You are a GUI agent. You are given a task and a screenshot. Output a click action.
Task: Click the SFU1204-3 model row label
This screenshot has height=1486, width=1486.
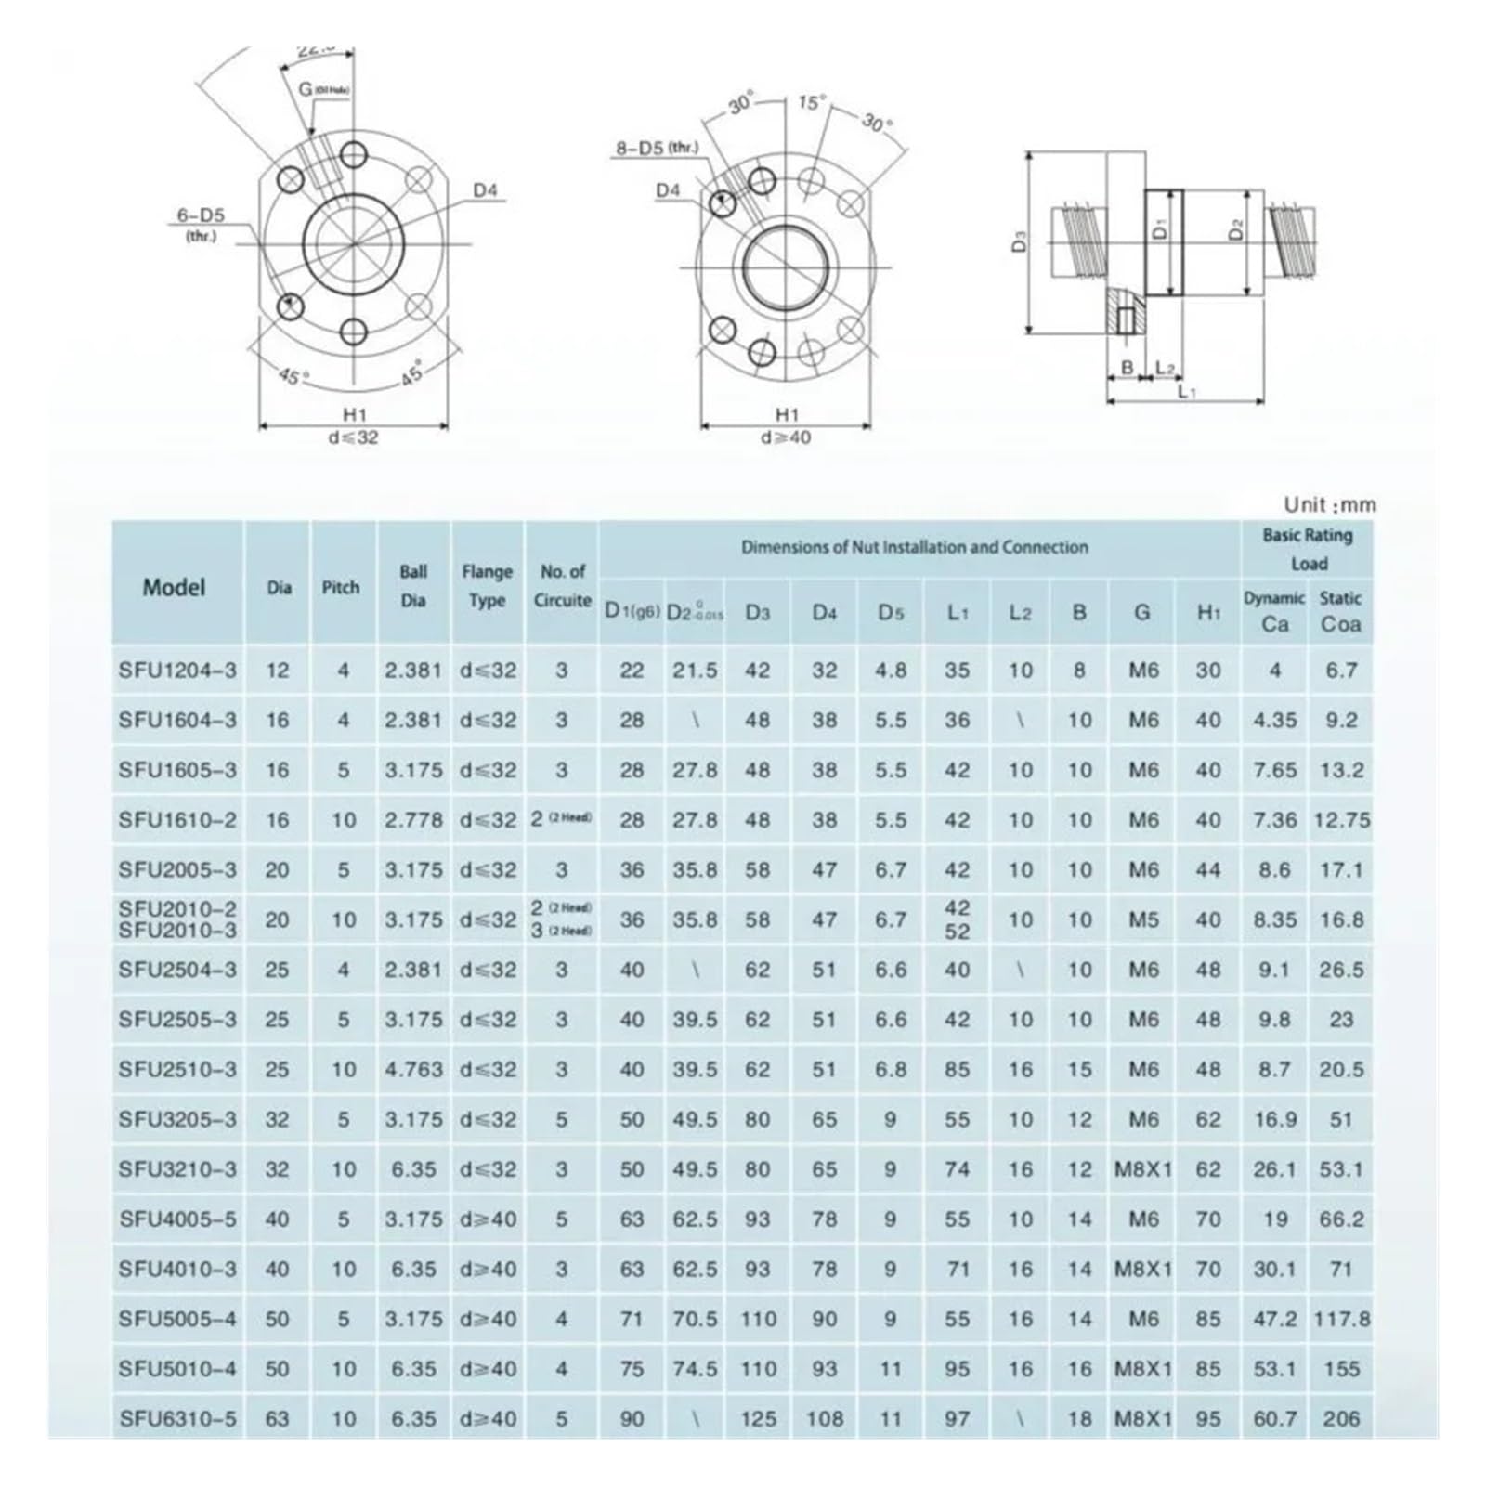[x=177, y=671]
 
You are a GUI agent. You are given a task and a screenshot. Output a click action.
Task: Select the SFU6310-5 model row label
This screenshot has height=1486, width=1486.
[x=177, y=1419]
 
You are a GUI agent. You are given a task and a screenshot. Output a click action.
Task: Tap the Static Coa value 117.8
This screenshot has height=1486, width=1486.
[x=1341, y=1320]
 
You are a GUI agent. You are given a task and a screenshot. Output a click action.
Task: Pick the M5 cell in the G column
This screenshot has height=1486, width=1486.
[x=1143, y=920]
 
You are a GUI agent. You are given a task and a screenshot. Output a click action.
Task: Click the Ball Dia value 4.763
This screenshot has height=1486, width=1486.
[x=413, y=1070]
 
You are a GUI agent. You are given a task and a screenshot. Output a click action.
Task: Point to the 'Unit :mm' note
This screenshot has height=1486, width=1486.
[x=1329, y=505]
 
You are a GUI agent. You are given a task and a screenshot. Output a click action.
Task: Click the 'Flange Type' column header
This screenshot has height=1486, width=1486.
[x=487, y=586]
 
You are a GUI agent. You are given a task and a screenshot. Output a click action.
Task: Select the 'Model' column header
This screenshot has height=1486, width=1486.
[x=174, y=587]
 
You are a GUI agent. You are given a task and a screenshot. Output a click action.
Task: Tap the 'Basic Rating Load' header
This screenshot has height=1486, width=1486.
[x=1308, y=549]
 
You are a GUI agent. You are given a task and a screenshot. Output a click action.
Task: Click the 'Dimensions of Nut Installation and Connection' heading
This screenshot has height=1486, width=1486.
[x=914, y=547]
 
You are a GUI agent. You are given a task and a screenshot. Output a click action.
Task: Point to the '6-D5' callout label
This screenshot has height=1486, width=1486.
[x=201, y=216]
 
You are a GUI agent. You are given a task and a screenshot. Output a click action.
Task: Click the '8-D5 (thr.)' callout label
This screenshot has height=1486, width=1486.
[x=657, y=147]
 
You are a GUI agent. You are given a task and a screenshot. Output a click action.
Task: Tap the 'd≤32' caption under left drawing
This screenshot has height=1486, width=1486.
[x=353, y=437]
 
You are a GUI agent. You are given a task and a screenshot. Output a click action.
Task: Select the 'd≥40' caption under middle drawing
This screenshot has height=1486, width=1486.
[x=786, y=437]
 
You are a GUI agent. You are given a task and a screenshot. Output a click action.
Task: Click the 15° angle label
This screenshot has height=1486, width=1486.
[x=811, y=103]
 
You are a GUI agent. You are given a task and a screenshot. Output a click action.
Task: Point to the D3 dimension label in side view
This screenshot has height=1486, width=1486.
[x=1020, y=243]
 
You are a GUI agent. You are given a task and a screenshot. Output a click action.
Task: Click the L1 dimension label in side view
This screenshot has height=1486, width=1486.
[x=1186, y=392]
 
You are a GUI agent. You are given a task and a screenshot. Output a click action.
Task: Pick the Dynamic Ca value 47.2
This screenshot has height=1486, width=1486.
[x=1274, y=1320]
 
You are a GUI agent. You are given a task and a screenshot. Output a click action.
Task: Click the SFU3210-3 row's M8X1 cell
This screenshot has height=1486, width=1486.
[x=1143, y=1170]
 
